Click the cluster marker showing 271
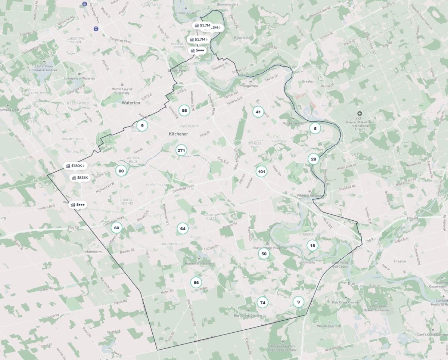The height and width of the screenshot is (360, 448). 181,150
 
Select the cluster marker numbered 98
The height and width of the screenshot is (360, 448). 184,110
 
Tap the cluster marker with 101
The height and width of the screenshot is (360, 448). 261,172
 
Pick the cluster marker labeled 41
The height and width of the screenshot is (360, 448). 258,112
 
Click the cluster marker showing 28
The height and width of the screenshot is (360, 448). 314,159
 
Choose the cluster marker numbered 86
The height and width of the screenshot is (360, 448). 196,282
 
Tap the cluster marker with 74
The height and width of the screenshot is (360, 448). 263,302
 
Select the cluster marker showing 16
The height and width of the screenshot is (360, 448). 312,245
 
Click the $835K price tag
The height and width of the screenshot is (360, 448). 80,178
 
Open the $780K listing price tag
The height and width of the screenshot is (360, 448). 75,166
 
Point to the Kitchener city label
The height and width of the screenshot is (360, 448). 178,134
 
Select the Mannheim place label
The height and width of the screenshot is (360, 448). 93,252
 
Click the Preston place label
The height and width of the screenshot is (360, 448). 400,261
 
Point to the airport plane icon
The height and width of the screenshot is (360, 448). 360,114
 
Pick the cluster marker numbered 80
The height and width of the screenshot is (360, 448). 121,171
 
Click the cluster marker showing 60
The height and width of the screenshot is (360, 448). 117,227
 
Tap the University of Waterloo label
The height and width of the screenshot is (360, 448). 80,78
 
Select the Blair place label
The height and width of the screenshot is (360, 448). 351,283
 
